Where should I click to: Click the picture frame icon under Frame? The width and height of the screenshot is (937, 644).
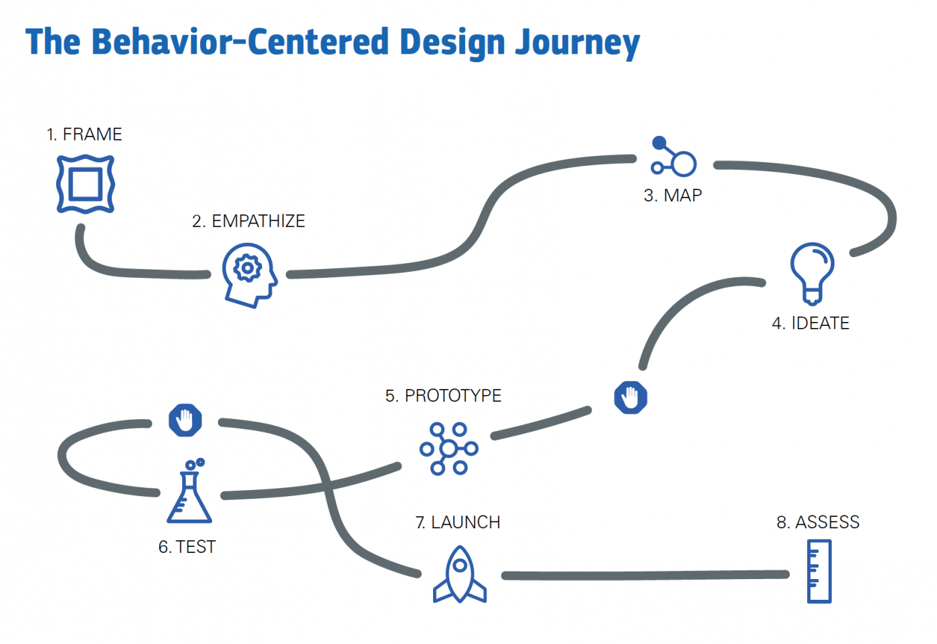86,184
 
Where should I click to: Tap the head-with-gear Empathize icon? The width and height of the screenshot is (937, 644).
249,274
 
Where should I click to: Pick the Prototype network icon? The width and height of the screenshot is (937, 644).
448,449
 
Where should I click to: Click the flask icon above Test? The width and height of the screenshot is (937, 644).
189,492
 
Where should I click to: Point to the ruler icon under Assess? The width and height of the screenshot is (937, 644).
819,572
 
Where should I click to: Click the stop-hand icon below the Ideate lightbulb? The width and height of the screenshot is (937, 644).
630,398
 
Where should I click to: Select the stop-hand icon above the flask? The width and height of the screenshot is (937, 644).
185,420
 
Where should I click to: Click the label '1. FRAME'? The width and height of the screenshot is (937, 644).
84,135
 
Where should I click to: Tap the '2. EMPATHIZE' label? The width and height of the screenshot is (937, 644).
248,222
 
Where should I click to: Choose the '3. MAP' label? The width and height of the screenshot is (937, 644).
673,195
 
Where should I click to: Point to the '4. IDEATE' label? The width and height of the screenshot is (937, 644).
811,323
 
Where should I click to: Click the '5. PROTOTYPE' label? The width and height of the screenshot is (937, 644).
443,396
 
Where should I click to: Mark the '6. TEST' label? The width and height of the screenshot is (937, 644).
187,547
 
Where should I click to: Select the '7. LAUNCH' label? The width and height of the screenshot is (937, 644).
458,522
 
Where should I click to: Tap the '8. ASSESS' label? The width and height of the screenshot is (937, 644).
818,522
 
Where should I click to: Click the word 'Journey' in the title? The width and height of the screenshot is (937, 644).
577,42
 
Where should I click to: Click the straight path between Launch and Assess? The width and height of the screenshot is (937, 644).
646,575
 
